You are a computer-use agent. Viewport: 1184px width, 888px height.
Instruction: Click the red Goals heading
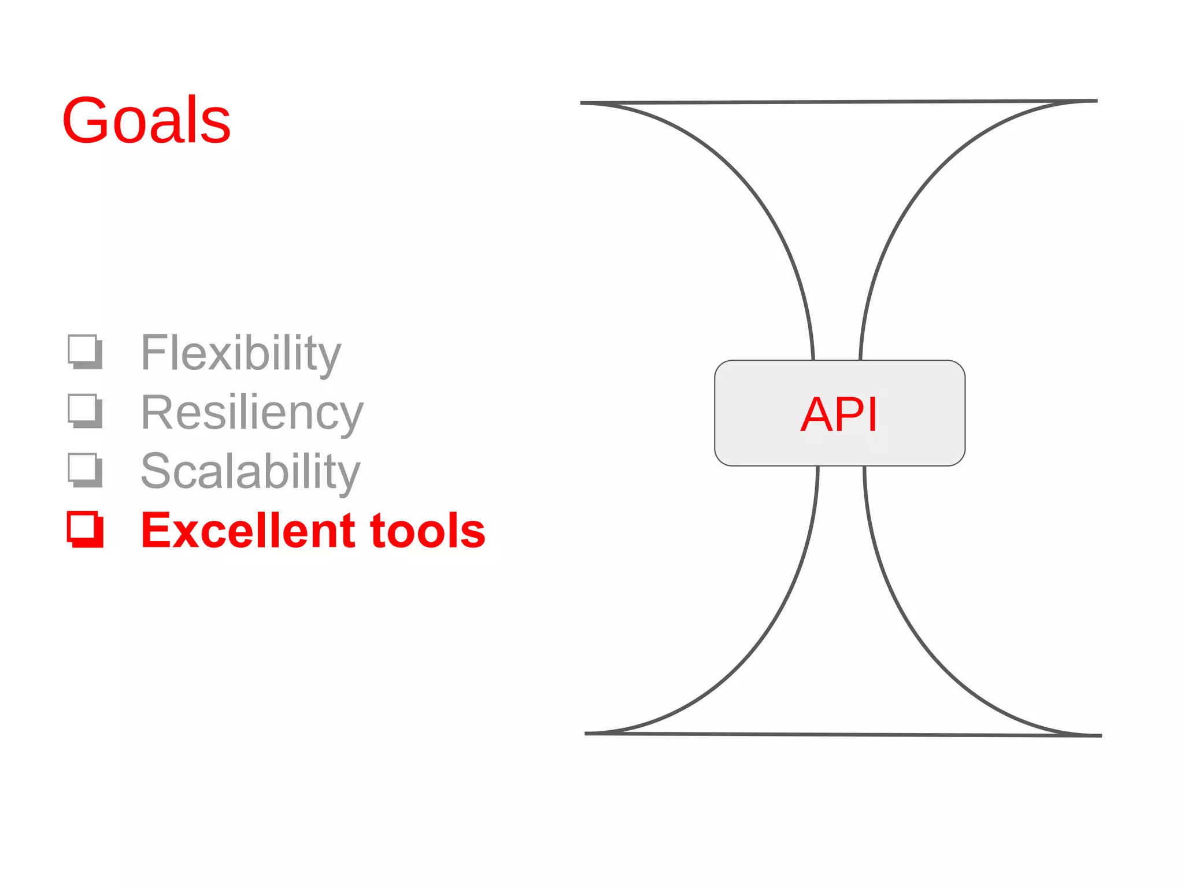click(146, 120)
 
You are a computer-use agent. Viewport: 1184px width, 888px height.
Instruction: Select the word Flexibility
click(240, 353)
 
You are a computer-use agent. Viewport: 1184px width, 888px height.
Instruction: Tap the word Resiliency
click(252, 413)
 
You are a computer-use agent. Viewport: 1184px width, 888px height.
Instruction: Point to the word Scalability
click(250, 472)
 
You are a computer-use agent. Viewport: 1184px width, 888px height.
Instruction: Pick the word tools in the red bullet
click(427, 531)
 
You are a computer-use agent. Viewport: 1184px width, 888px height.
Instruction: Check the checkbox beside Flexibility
click(85, 351)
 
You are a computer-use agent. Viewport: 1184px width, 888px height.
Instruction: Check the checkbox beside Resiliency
click(85, 410)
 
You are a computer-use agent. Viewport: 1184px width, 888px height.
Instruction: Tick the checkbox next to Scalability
click(85, 470)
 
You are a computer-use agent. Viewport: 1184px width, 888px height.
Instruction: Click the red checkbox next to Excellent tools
click(85, 529)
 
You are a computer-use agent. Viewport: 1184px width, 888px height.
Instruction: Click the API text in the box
click(839, 414)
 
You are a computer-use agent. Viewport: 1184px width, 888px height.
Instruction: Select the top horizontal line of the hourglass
click(838, 102)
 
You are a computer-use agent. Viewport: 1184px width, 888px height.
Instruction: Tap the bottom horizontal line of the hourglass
click(843, 734)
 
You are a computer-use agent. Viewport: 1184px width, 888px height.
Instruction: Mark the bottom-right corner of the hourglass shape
click(1100, 735)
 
